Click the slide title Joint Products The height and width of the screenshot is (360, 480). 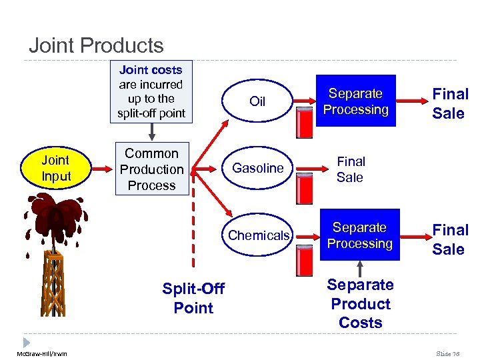[x=96, y=45]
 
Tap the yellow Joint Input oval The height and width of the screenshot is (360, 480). [x=55, y=168]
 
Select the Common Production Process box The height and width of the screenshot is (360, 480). [x=151, y=169]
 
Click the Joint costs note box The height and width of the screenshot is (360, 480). [x=151, y=92]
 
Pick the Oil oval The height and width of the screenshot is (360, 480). [x=257, y=101]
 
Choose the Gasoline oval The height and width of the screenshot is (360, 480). [x=257, y=168]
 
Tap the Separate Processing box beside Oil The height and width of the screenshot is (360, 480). [x=356, y=101]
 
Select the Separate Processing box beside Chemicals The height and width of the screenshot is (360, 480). [x=359, y=235]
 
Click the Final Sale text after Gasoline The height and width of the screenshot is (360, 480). [x=350, y=169]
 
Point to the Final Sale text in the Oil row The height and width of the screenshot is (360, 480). [x=451, y=103]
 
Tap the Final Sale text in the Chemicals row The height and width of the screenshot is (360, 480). [x=451, y=239]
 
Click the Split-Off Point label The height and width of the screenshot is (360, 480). [x=193, y=298]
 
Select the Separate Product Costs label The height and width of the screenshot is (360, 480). [x=361, y=303]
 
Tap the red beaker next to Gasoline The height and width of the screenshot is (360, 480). [x=304, y=187]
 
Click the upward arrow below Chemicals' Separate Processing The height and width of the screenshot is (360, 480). [x=360, y=267]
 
